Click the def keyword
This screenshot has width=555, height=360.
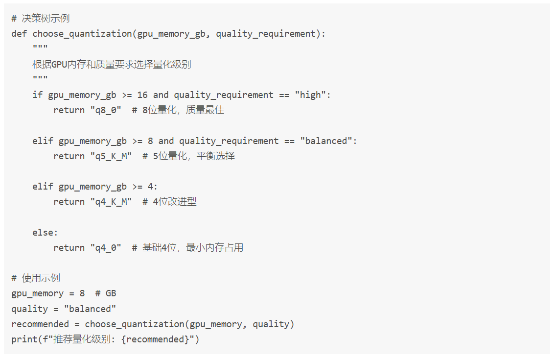click(19, 34)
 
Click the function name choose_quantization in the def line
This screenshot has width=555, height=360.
click(82, 34)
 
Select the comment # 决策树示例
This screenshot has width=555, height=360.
click(41, 19)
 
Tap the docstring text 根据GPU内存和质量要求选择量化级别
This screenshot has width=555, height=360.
click(112, 64)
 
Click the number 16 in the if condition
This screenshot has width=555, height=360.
click(142, 95)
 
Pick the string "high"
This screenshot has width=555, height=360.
click(310, 95)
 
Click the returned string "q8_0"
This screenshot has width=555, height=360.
click(105, 110)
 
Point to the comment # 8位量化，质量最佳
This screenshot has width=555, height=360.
click(178, 110)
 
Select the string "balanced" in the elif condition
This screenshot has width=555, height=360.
click(326, 141)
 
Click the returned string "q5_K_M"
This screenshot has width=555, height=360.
click(111, 156)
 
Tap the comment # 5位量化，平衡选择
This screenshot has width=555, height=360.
click(188, 156)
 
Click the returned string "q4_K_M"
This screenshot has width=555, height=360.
click(111, 202)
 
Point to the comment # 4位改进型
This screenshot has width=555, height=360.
click(169, 202)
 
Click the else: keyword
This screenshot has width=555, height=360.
click(45, 233)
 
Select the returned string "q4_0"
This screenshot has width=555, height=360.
click(105, 248)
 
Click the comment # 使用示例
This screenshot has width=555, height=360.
click(36, 278)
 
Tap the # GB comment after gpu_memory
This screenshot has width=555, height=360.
click(106, 294)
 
